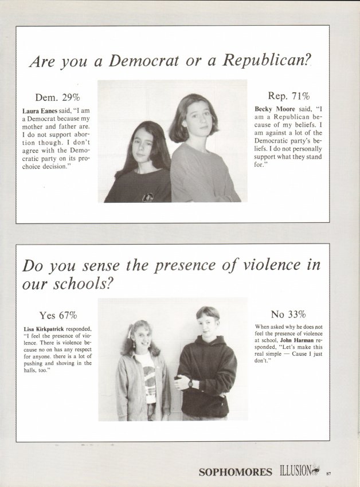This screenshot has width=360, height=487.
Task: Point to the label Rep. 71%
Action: pos(288,96)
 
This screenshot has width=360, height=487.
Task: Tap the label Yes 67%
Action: pos(58,315)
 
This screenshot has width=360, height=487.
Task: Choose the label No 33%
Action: pos(288,314)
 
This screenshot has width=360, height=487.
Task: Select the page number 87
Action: pos(328,473)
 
